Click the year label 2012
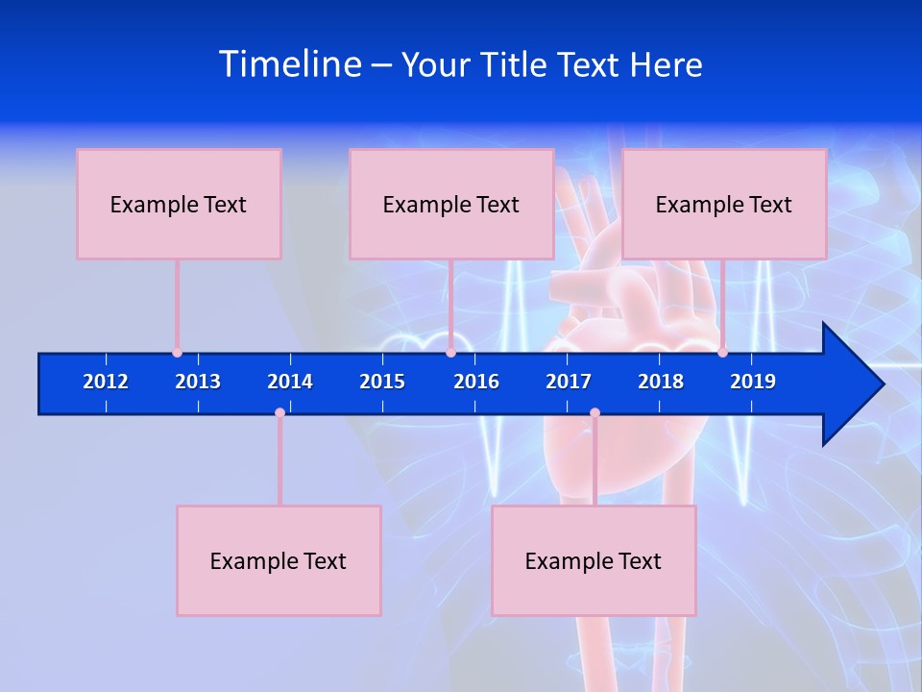[106, 382]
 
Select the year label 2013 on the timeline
[198, 382]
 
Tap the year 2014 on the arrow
[290, 382]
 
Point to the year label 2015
[382, 382]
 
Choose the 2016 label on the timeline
[476, 382]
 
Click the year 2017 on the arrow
[569, 382]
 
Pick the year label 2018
[661, 382]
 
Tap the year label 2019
[753, 382]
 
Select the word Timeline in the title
[290, 64]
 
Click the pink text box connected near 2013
[179, 204]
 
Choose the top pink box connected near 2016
[451, 204]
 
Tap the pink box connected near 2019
[724, 204]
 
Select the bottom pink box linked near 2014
[279, 560]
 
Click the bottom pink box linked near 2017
[594, 560]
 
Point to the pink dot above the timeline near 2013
[177, 353]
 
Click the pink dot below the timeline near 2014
[279, 412]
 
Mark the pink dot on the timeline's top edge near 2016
[450, 353]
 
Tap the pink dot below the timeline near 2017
[594, 412]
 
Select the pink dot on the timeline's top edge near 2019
[722, 353]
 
